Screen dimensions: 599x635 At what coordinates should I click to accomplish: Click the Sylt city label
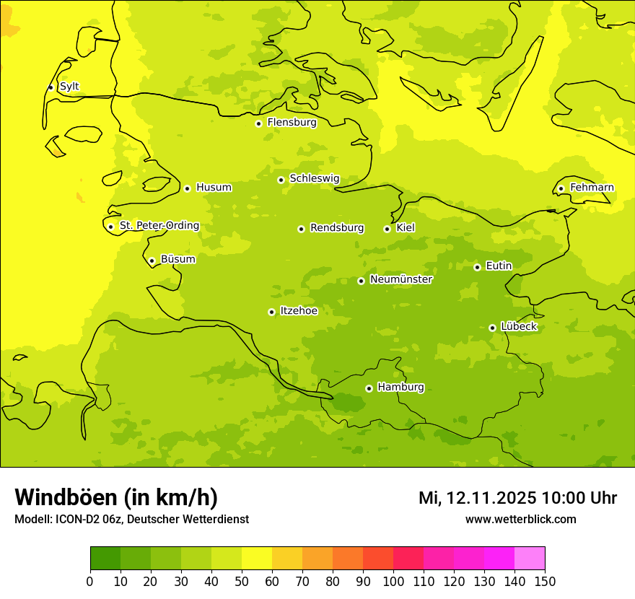69,87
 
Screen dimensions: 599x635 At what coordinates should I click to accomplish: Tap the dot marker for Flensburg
258,123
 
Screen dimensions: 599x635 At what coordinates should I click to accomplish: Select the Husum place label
214,188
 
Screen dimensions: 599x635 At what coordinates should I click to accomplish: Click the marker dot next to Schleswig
281,180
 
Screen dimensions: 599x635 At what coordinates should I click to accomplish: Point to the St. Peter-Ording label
159,226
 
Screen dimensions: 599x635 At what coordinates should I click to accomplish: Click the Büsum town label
178,259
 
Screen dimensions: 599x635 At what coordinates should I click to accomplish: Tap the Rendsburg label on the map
337,228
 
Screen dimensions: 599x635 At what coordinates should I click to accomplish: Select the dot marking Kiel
387,229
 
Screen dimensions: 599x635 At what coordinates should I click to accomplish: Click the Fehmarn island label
592,188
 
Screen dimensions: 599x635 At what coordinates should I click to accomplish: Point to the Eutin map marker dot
477,267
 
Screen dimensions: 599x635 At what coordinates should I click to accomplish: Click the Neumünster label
401,279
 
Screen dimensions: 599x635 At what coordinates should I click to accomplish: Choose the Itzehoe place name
299,311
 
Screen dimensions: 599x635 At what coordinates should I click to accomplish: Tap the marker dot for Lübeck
492,328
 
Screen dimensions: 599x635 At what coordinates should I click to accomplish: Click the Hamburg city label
400,388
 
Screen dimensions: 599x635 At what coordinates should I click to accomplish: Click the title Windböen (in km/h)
116,497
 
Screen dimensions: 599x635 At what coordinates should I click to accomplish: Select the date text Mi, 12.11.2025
477,498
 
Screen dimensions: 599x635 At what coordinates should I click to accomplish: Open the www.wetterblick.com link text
520,519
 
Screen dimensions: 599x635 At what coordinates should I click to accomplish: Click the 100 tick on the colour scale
393,581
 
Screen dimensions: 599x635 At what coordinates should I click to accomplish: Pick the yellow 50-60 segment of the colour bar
257,559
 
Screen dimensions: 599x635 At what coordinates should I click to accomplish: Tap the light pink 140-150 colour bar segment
530,559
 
